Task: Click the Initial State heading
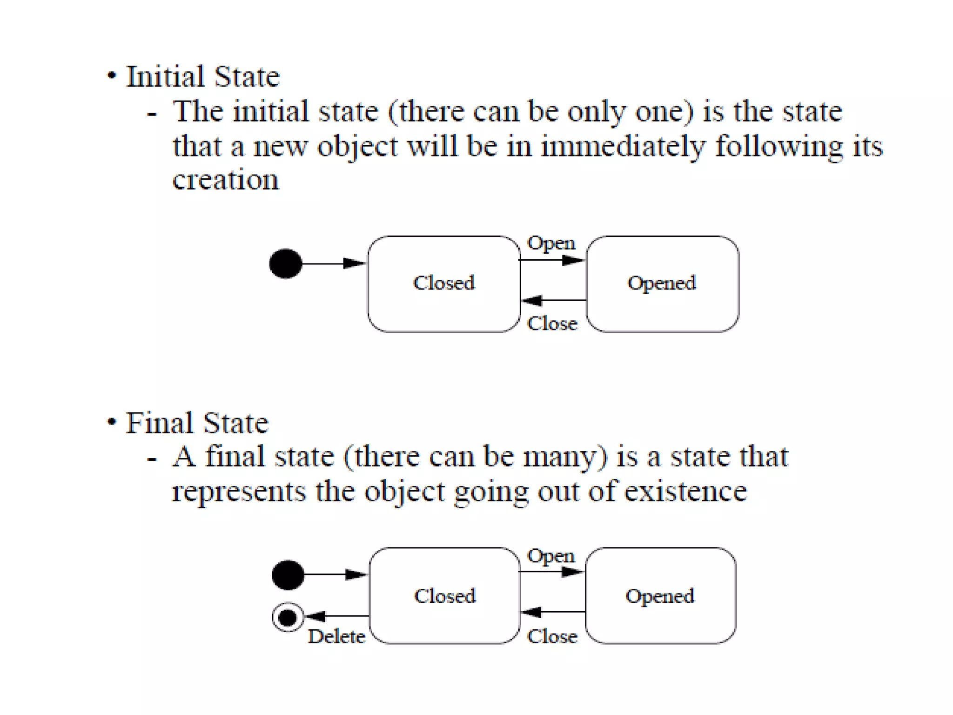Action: (203, 77)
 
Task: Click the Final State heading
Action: (197, 423)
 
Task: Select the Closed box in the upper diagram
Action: (444, 283)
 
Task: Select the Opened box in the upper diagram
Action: (662, 283)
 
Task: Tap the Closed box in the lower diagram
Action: (445, 596)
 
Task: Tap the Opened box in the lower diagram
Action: (660, 596)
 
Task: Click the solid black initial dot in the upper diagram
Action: (286, 263)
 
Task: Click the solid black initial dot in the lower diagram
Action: (288, 575)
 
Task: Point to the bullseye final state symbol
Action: (288, 617)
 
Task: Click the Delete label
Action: (336, 636)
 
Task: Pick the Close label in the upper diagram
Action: (552, 324)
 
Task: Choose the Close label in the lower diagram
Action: (552, 636)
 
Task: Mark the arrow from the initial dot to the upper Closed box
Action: (333, 263)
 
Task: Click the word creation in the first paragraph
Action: (226, 180)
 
